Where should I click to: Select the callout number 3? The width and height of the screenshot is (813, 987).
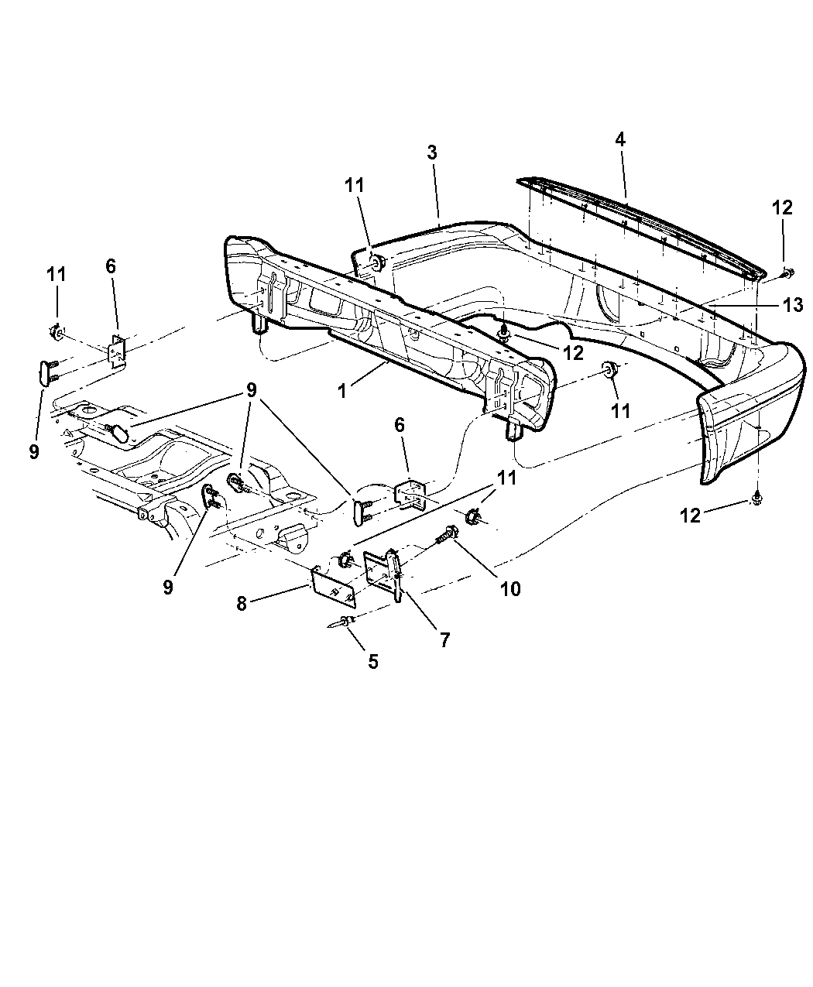click(431, 153)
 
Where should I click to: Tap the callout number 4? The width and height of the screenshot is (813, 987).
click(620, 139)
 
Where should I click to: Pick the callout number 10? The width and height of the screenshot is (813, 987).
click(510, 589)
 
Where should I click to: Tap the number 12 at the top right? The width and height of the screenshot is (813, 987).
click(783, 207)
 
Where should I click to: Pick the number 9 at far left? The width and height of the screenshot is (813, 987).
click(34, 452)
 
